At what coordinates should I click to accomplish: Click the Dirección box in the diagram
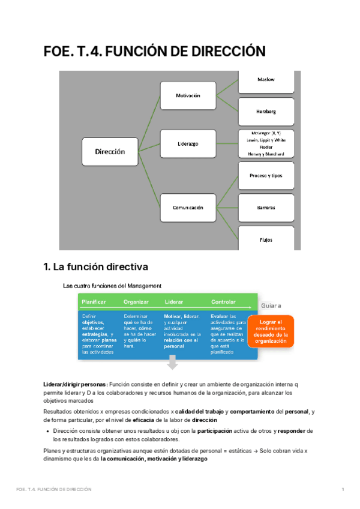[x=110, y=152]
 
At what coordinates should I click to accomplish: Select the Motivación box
[x=187, y=95]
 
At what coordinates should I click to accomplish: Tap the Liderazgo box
[x=187, y=144]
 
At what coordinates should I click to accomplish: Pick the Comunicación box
[x=187, y=208]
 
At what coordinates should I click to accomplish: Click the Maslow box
[x=266, y=80]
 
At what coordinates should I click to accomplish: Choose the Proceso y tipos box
[x=266, y=175]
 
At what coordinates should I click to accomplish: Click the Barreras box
[x=266, y=208]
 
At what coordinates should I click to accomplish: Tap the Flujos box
[x=266, y=239]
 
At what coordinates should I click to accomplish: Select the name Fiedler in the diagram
[x=266, y=146]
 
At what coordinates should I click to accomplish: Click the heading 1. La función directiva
[x=95, y=267]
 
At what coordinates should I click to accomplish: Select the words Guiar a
[x=271, y=306]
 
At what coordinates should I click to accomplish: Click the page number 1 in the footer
[x=342, y=490]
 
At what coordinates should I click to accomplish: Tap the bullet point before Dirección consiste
[x=47, y=431]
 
